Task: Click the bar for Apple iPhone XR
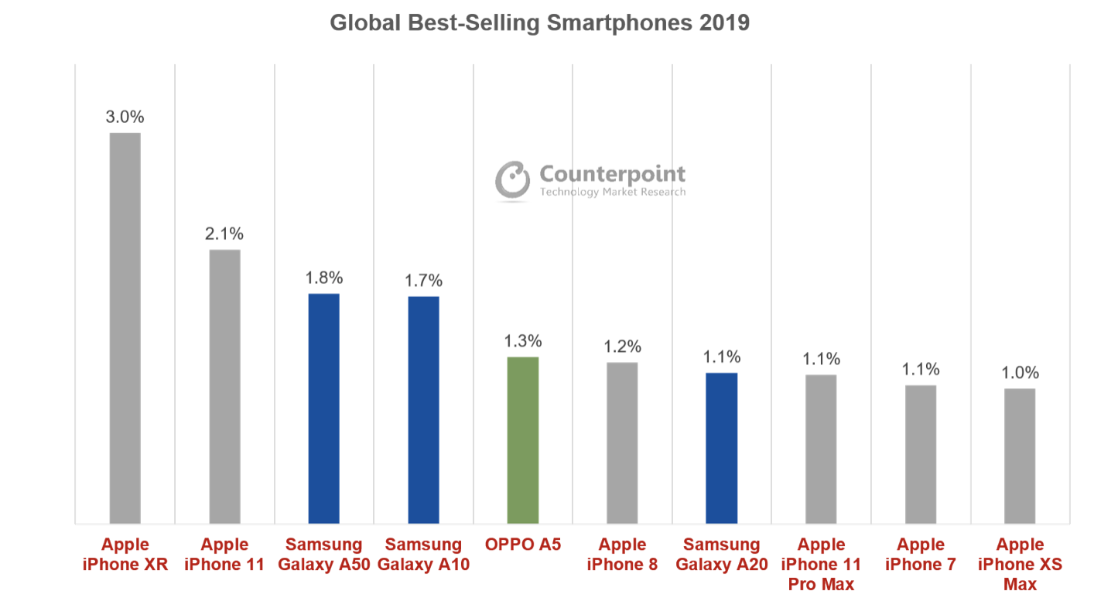[125, 328]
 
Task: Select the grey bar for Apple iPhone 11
[224, 386]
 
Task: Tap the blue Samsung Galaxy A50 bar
[323, 408]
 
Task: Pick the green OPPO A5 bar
[522, 440]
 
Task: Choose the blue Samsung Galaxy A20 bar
[721, 448]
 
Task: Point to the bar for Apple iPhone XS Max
[1020, 456]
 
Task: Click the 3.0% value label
[125, 118]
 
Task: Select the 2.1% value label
[224, 234]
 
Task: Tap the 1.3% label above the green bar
[522, 341]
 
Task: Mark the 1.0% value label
[1020, 373]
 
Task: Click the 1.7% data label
[423, 280]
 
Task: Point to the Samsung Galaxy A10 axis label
[423, 555]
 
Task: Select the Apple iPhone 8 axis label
[622, 555]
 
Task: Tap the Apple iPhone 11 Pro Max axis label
[821, 565]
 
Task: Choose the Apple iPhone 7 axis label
[921, 555]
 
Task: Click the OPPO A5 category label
[522, 545]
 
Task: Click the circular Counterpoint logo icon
[511, 180]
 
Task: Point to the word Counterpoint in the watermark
[612, 173]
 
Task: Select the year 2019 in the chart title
[724, 22]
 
